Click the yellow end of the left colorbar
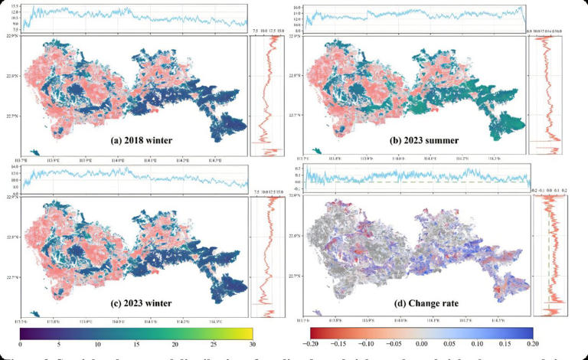point(247,333)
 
